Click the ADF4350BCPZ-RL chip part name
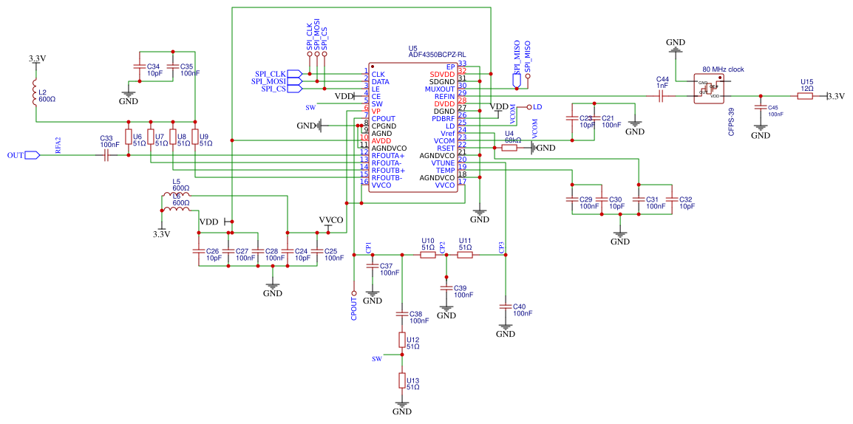pyautogui.click(x=437, y=55)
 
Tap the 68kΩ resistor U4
pyautogui.click(x=509, y=148)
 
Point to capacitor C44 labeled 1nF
pyautogui.click(x=662, y=96)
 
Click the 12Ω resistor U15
pyautogui.click(x=806, y=96)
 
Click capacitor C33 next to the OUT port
pyautogui.click(x=106, y=156)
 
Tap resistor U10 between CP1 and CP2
pyautogui.click(x=427, y=255)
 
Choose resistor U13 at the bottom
pyautogui.click(x=402, y=380)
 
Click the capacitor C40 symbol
pyautogui.click(x=506, y=307)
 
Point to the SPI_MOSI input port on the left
pyautogui.click(x=294, y=81)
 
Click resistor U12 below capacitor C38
pyautogui.click(x=402, y=340)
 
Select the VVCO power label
pyautogui.click(x=330, y=220)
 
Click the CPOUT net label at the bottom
pyautogui.click(x=354, y=306)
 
